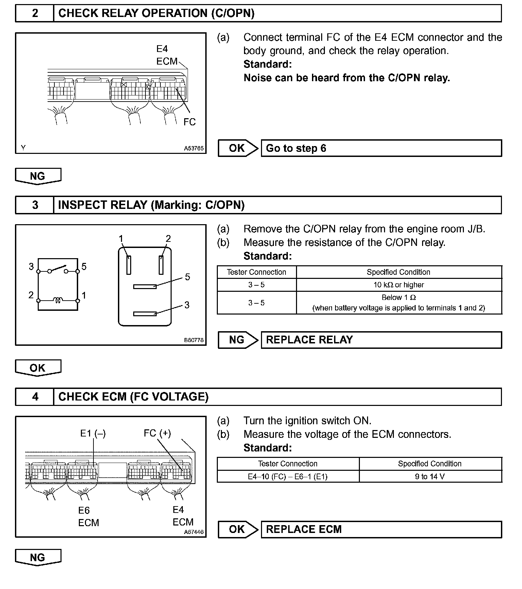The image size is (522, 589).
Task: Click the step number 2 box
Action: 35,13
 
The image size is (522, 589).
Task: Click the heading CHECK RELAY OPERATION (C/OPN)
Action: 156,13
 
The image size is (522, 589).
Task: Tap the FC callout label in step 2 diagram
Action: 189,122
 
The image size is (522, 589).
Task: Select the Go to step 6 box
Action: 381,148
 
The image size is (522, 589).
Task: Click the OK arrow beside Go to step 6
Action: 238,148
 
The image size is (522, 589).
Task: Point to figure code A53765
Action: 194,148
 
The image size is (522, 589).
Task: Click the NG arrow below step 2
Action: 38,176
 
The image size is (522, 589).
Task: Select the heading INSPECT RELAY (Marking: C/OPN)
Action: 151,205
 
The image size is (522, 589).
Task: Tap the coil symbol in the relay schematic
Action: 58,300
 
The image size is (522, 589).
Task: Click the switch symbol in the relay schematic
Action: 58,269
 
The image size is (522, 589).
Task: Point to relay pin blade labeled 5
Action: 145,287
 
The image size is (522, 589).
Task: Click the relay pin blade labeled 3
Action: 145,314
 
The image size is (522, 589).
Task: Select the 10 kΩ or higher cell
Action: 399,285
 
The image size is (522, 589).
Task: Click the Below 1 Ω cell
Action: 399,303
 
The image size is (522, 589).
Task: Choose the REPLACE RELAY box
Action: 381,340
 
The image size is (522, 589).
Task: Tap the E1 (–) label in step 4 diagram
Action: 93,433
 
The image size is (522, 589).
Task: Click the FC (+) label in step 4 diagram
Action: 157,433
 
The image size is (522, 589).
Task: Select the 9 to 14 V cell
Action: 430,477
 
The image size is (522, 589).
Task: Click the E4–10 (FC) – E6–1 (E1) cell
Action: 288,477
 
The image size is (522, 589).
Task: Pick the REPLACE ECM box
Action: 381,530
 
